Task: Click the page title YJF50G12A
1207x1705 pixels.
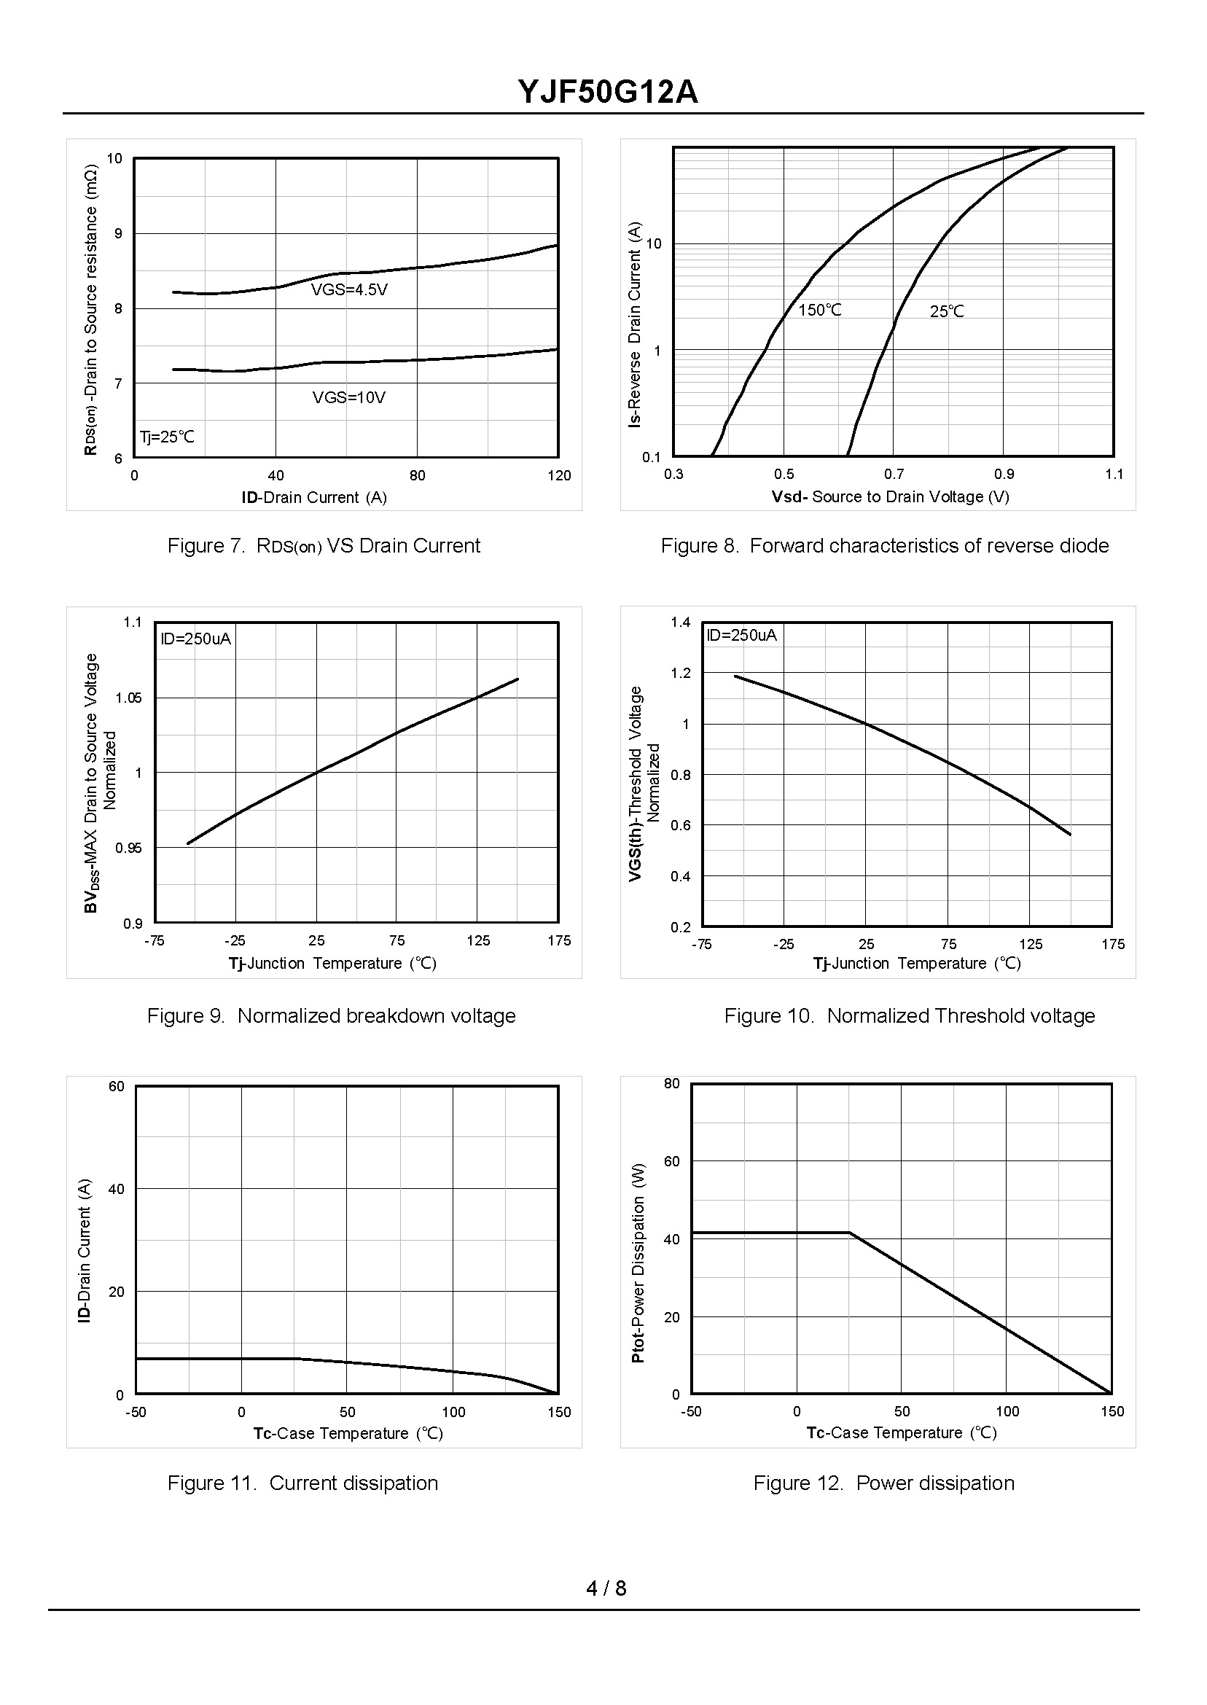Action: tap(607, 93)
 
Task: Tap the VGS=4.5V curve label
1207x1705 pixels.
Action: tap(348, 290)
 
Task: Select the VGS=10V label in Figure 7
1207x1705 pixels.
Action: tap(348, 397)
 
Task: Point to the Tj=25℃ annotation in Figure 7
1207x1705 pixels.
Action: tap(167, 437)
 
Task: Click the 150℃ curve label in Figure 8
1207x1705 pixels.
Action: tap(820, 310)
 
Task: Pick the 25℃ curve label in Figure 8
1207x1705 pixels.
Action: tap(946, 311)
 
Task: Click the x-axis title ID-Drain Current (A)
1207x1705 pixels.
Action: tap(313, 497)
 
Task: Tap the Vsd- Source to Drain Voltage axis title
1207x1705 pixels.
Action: tap(890, 496)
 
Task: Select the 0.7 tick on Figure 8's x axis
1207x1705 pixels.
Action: tap(894, 475)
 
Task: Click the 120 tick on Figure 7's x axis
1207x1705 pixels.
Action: tap(559, 476)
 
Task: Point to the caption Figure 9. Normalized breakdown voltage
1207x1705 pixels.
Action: tap(332, 1016)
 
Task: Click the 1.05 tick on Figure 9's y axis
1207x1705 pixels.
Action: tap(128, 698)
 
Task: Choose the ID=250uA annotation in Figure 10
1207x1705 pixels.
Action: tap(741, 635)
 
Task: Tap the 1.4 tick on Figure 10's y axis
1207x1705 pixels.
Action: tap(680, 622)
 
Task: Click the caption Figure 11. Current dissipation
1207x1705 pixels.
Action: tap(302, 1483)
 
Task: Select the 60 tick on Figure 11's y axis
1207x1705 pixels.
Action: tap(116, 1087)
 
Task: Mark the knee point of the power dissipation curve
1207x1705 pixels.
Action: tap(850, 1233)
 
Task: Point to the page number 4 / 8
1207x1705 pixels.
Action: tap(606, 1588)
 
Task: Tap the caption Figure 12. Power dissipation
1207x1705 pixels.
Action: tap(883, 1483)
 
